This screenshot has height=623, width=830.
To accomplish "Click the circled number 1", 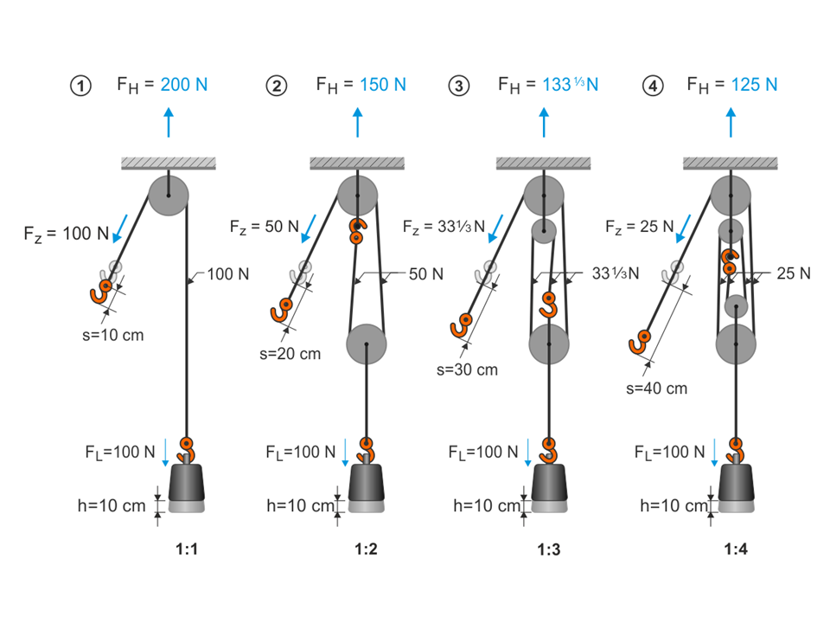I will pyautogui.click(x=80, y=86).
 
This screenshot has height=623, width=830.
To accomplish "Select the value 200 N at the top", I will pyautogui.click(x=183, y=85).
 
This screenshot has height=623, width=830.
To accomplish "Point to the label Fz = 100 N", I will pyautogui.click(x=66, y=233).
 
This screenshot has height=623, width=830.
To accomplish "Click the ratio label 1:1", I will pyautogui.click(x=188, y=549).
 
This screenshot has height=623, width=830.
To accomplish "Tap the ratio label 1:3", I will pyautogui.click(x=548, y=549).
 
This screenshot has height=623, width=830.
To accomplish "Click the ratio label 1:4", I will pyautogui.click(x=737, y=549).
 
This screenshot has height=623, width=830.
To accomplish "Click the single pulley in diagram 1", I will pyautogui.click(x=168, y=196).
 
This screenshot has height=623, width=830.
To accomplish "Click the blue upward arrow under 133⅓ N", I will pyautogui.click(x=544, y=123).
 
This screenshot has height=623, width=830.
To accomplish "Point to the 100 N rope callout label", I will pyautogui.click(x=228, y=275).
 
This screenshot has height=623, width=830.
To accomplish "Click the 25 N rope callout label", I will pyautogui.click(x=792, y=273).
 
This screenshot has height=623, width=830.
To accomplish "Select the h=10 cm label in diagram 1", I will pyautogui.click(x=112, y=506).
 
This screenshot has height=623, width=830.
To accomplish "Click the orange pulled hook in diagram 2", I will pyautogui.click(x=282, y=309).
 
